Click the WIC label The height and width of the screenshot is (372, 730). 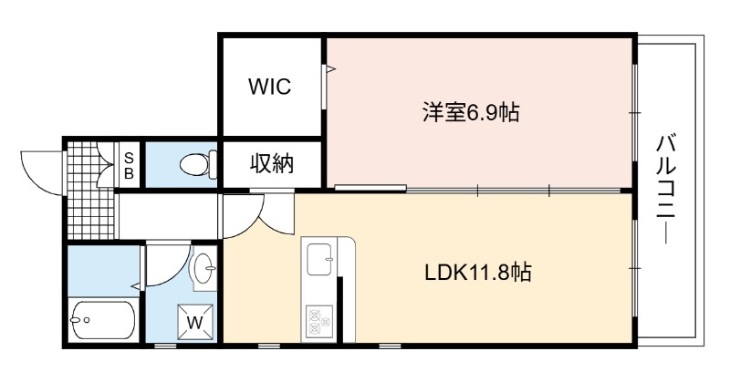[x=270, y=87]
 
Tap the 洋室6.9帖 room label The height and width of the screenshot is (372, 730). [x=471, y=112]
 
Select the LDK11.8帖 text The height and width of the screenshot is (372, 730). [x=478, y=272]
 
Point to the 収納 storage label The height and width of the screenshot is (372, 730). [x=272, y=164]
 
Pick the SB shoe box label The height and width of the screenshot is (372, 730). [x=129, y=166]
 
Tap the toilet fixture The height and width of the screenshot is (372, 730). [x=198, y=164]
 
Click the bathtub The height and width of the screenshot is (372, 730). [x=104, y=320]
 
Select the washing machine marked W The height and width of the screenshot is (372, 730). [x=195, y=322]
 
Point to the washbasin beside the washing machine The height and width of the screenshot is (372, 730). [x=204, y=268]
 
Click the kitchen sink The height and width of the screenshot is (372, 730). [x=320, y=259]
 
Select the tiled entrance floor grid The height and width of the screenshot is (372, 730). [x=90, y=191]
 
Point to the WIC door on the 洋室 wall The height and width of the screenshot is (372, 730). [x=325, y=87]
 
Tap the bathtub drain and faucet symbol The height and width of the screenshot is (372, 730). [x=79, y=320]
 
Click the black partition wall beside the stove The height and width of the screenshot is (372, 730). [x=340, y=310]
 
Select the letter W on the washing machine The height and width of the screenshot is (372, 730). [x=195, y=322]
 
